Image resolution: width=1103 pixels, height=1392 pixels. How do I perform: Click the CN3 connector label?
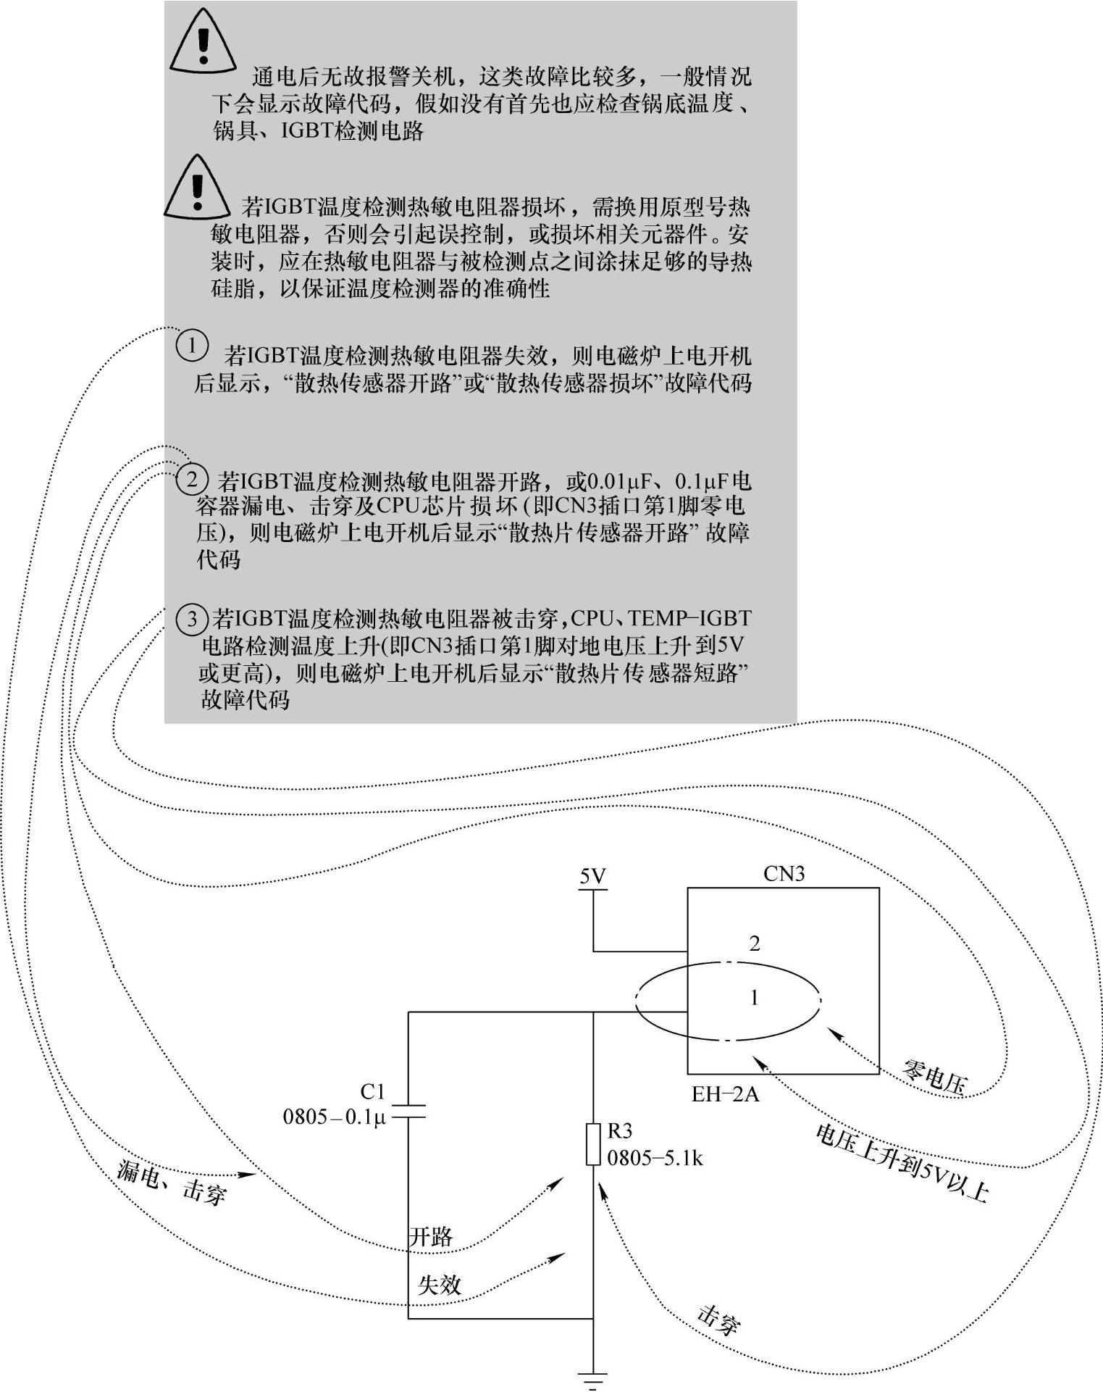[784, 874]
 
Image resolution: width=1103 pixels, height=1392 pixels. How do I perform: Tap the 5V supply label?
[592, 877]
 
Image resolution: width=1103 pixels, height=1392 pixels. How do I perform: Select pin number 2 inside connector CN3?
[755, 943]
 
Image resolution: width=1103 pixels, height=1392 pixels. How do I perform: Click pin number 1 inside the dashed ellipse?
[754, 998]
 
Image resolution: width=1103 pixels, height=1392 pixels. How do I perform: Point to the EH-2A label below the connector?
[725, 1093]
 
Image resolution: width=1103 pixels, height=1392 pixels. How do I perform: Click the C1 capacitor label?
[372, 1091]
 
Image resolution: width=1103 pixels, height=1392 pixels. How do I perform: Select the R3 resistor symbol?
[593, 1144]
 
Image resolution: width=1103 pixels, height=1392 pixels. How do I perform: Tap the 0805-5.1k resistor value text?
[655, 1158]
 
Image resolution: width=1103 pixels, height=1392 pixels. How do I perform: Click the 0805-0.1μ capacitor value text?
[335, 1117]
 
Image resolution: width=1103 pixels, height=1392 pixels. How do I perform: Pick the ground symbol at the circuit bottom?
[592, 1379]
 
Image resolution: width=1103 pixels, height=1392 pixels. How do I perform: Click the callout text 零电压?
[934, 1077]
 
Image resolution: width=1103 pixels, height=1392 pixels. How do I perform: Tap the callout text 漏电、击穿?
[172, 1182]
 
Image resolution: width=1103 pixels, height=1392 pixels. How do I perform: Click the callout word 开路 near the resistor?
[431, 1236]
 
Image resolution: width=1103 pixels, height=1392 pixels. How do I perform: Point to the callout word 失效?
[440, 1284]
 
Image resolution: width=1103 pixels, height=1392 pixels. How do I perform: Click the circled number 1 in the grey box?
[192, 345]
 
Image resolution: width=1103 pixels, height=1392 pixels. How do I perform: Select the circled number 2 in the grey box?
[192, 480]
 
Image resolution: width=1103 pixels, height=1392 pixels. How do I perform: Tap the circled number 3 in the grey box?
[192, 618]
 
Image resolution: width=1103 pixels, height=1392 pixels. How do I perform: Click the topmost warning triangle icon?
[203, 42]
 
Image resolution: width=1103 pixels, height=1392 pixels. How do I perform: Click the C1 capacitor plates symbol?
[408, 1111]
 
